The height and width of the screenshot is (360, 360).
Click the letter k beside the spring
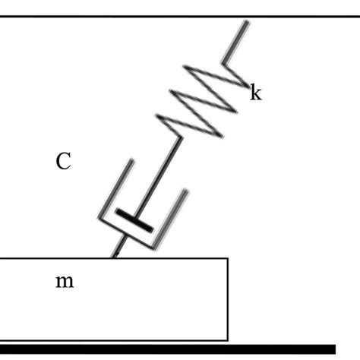click(256, 94)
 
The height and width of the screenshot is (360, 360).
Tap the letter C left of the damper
click(64, 161)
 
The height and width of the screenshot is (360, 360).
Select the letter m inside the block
click(65, 282)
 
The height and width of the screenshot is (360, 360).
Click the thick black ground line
click(167, 349)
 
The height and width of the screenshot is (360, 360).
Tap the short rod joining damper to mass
click(118, 248)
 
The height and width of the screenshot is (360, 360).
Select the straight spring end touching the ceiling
click(238, 38)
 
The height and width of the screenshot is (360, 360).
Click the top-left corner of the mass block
click(2, 258)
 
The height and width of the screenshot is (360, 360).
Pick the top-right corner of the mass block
click(228, 258)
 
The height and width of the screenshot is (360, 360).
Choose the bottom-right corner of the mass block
click(228, 339)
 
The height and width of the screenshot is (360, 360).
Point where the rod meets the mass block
click(113, 257)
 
